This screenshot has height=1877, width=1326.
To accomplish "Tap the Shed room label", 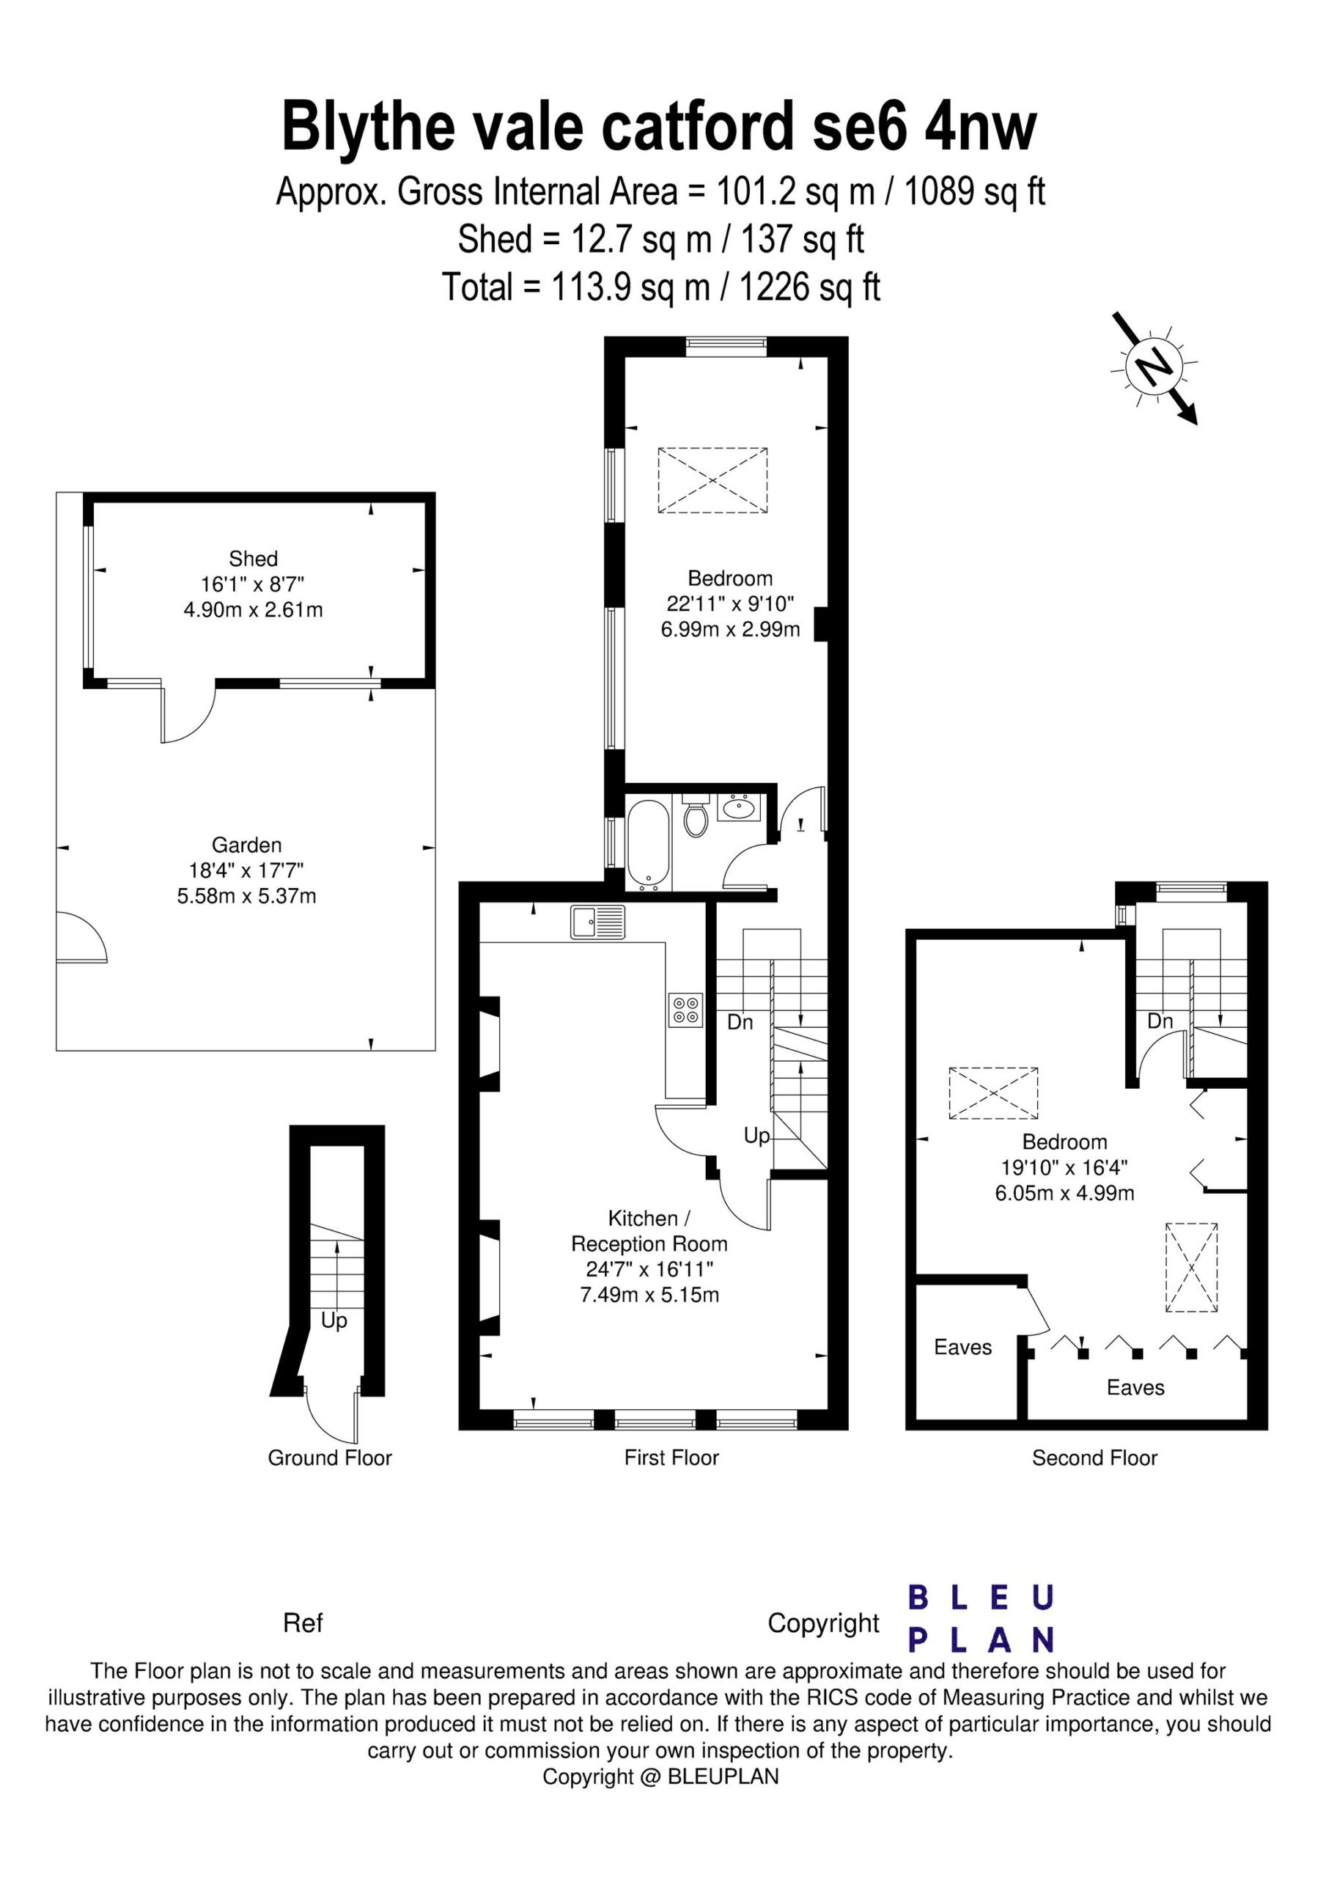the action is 254,559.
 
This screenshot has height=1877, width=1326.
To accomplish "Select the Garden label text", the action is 246,845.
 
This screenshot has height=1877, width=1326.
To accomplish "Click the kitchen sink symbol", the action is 597,922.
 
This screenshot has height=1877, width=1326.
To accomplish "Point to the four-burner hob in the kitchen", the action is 685,1009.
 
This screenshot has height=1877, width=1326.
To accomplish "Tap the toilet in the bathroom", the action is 695,815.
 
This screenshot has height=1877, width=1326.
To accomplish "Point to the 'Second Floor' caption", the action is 1094,1457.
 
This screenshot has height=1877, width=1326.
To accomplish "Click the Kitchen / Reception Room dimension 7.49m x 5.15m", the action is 649,1294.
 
